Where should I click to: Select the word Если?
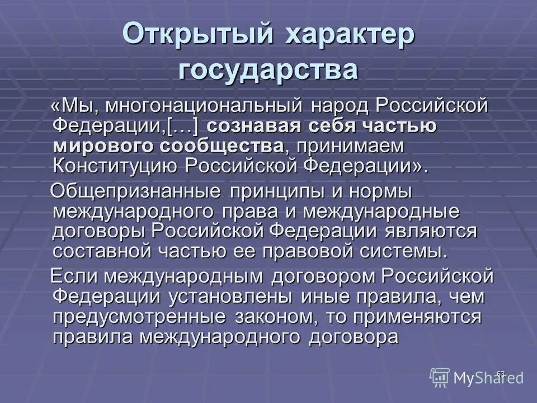point(74,277)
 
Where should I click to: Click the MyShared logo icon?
point(440,377)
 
